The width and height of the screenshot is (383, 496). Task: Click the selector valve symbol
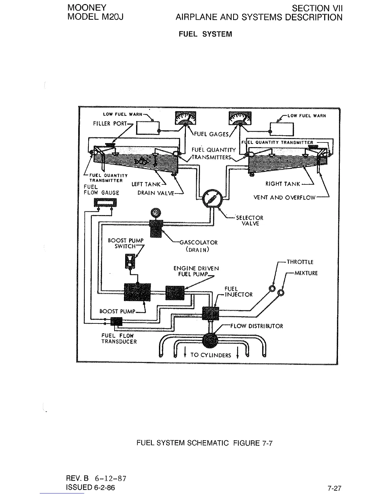pyautogui.click(x=212, y=199)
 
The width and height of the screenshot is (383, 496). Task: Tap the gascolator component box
pyautogui.click(x=156, y=228)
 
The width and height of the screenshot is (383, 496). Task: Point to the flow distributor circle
pyautogui.click(x=212, y=341)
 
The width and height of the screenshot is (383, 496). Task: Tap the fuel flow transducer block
pyautogui.click(x=116, y=321)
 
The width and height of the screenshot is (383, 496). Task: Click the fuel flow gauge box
pyautogui.click(x=105, y=203)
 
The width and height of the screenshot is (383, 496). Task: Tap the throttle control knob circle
pyautogui.click(x=272, y=288)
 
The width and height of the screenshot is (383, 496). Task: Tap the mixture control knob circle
pyautogui.click(x=281, y=292)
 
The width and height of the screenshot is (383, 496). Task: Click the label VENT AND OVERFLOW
pyautogui.click(x=284, y=198)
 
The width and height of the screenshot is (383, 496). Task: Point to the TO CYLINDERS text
pyautogui.click(x=211, y=355)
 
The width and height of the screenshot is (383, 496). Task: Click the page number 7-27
pyautogui.click(x=334, y=488)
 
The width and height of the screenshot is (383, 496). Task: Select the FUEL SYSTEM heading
pyautogui.click(x=205, y=34)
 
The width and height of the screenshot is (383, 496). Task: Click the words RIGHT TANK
pyautogui.click(x=283, y=184)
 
